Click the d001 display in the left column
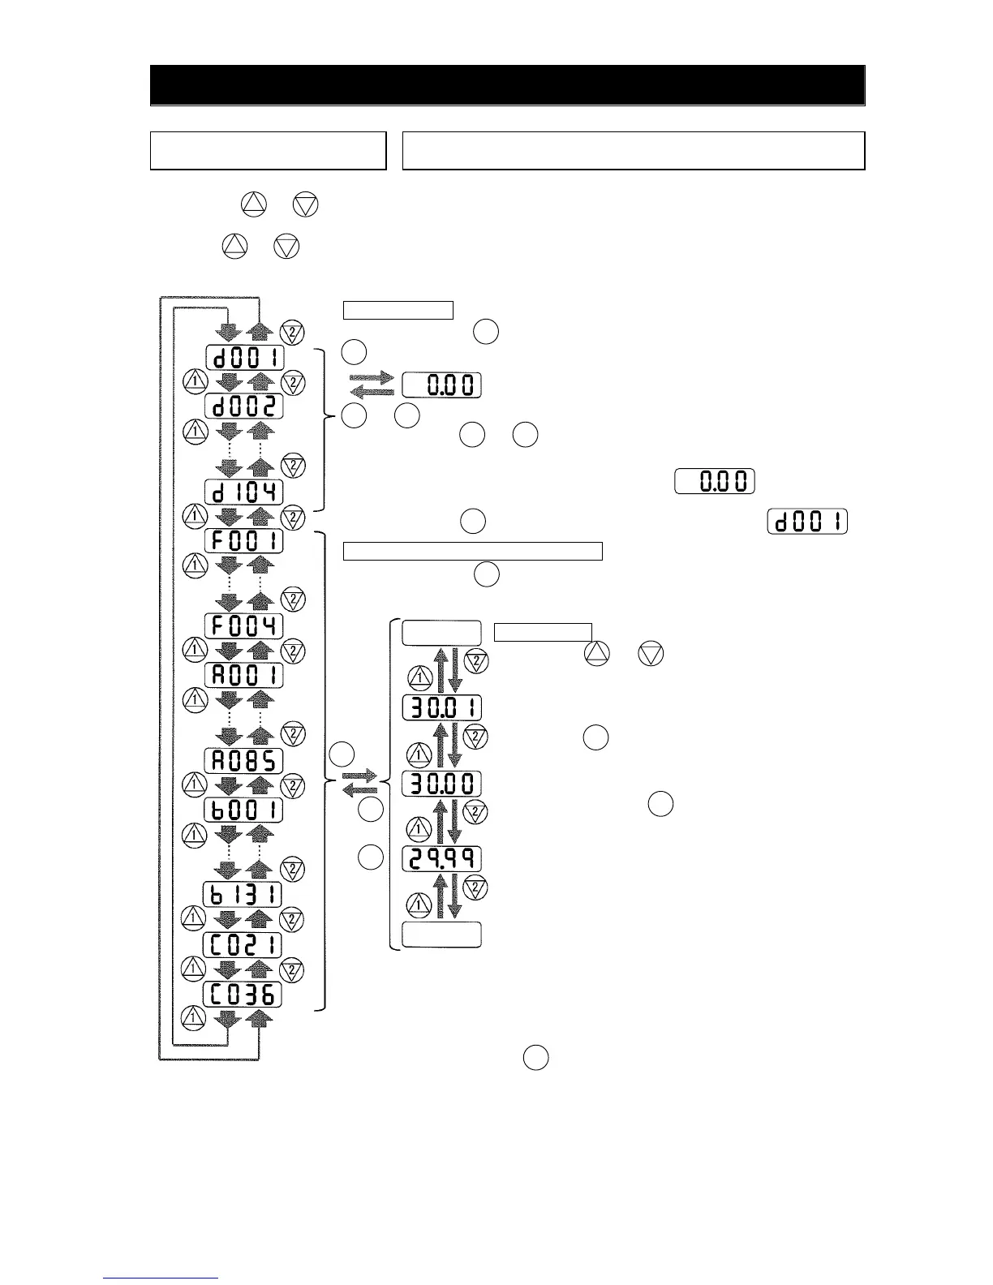click(x=244, y=357)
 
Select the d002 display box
click(x=244, y=406)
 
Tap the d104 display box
click(x=244, y=492)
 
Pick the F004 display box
click(x=244, y=625)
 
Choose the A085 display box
click(x=244, y=760)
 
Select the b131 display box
click(x=243, y=895)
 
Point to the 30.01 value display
click(x=442, y=707)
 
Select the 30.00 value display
click(x=442, y=784)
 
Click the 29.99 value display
click(x=442, y=858)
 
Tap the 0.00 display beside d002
click(x=442, y=385)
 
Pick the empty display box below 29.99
click(x=442, y=935)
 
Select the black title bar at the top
click(x=507, y=85)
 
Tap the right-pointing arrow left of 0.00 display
click(x=372, y=378)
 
